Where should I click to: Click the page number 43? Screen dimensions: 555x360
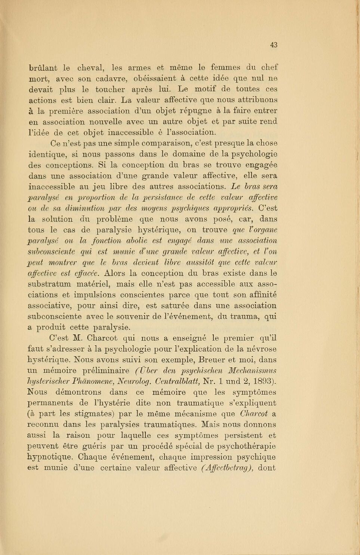[x=274, y=45]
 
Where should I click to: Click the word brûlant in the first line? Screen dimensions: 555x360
[x=43, y=68]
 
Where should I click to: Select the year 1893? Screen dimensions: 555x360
[x=263, y=381]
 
